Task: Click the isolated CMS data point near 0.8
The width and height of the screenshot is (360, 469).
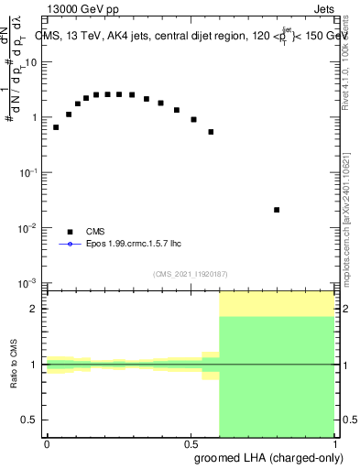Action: point(277,210)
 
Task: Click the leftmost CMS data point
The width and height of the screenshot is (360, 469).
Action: point(56,127)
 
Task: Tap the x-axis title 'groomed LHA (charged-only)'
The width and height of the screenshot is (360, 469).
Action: point(267,457)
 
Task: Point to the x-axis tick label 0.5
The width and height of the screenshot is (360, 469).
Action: point(190,442)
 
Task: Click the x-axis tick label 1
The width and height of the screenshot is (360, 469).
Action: point(333,442)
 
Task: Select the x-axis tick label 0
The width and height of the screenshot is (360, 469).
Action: point(47,442)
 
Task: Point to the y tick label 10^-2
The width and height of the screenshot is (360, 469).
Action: point(30,227)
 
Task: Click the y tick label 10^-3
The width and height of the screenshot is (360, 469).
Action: point(30,282)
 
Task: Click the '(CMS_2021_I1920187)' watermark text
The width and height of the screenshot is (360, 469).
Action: point(190,273)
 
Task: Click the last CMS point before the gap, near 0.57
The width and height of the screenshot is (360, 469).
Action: point(211,132)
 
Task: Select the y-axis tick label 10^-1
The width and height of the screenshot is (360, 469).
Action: point(30,172)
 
